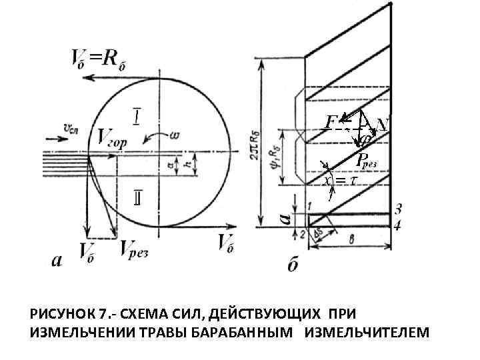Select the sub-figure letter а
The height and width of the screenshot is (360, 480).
(x=59, y=261)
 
